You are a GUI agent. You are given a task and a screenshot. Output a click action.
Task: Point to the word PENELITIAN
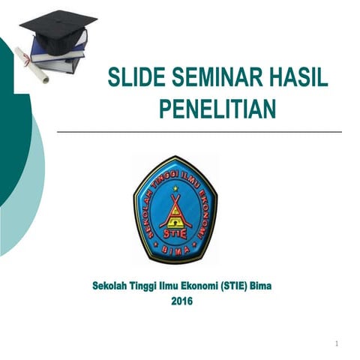click(217, 109)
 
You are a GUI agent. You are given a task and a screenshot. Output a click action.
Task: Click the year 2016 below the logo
click(181, 301)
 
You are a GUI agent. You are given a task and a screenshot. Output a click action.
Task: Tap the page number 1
click(338, 344)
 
